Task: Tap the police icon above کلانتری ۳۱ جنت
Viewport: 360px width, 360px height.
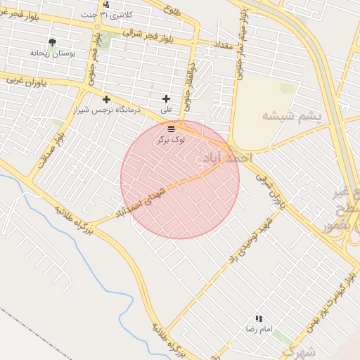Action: pos(105,4)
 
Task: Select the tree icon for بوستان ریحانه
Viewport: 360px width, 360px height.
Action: pos(51,42)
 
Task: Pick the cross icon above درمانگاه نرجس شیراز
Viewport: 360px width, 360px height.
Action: pos(106,99)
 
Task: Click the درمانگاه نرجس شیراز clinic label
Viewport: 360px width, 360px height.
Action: pos(108,110)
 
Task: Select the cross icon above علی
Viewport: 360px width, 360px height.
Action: pos(166,99)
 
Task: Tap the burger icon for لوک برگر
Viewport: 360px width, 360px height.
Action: pos(172,129)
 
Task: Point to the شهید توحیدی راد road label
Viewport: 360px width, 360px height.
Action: pos(252,238)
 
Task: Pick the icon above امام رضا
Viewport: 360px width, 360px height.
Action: pos(259,319)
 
